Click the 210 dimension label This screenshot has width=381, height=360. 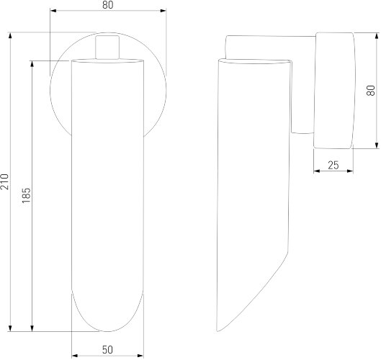click(5, 181)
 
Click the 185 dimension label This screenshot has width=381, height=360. click(26, 195)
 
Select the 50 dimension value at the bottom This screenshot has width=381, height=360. click(107, 350)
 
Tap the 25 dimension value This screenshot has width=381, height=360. click(333, 165)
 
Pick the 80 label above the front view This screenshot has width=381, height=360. click(107, 5)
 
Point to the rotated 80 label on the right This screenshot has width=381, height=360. click(371, 91)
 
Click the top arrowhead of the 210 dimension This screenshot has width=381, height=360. click(10, 35)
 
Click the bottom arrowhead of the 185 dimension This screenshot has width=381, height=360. click(32, 328)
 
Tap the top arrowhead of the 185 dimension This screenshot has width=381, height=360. click(32, 63)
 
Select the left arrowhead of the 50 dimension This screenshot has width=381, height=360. click(75, 356)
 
